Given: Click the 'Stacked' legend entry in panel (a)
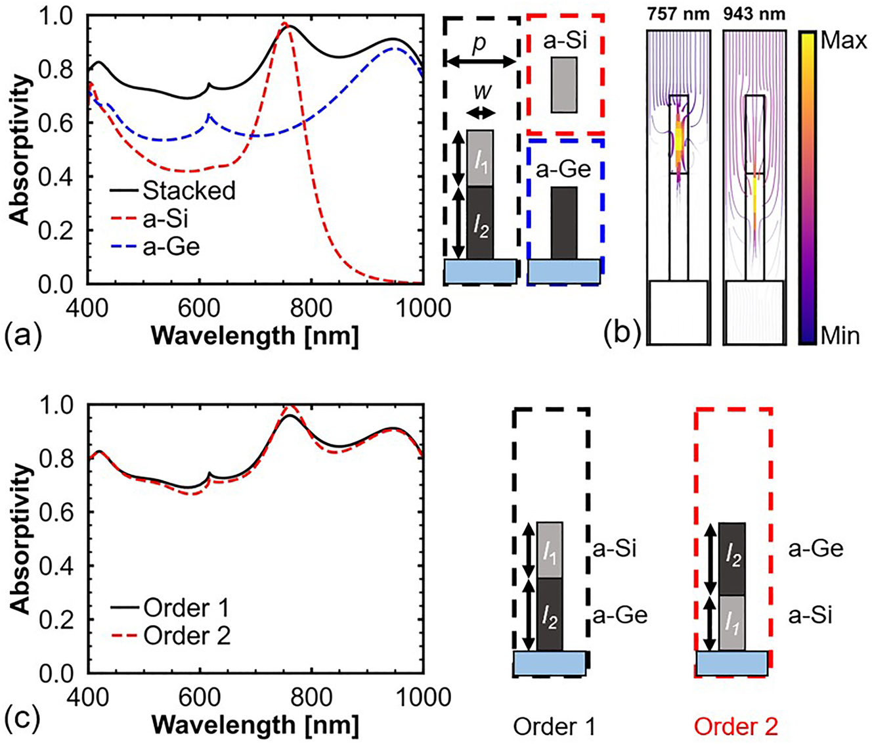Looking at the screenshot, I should (188, 191).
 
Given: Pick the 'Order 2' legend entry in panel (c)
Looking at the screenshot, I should (187, 636).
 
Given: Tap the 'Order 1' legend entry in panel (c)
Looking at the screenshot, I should (187, 608).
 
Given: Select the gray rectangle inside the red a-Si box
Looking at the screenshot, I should (564, 84).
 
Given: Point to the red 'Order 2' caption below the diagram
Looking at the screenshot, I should (735, 727).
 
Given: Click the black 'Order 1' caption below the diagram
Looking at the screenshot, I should (554, 727).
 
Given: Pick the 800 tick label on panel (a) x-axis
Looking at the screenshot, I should (310, 308).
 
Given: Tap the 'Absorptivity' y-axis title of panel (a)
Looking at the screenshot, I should (21, 150).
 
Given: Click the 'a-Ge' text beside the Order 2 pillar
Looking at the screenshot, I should (815, 549).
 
